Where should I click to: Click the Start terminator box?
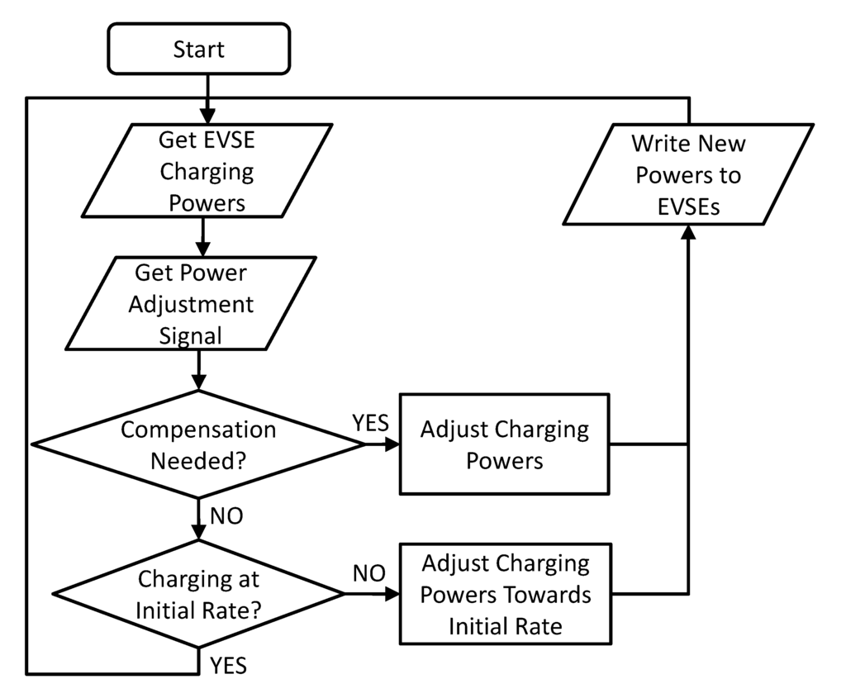pyautogui.click(x=198, y=49)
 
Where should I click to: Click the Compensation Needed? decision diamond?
pyautogui.click(x=198, y=444)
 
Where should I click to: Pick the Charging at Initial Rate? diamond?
pyautogui.click(x=198, y=593)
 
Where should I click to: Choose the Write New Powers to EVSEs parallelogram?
pyautogui.click(x=687, y=174)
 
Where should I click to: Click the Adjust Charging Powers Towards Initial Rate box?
pyautogui.click(x=505, y=595)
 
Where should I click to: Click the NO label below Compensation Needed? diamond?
pyautogui.click(x=227, y=517)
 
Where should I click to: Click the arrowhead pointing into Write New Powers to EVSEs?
pyautogui.click(x=687, y=233)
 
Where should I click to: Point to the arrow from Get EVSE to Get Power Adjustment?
pyautogui.click(x=201, y=240)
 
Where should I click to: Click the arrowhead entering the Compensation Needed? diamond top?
pyautogui.click(x=199, y=382)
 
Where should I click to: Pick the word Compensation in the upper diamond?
pyautogui.click(x=198, y=430)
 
